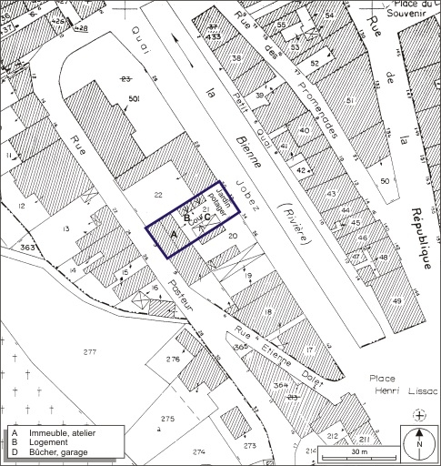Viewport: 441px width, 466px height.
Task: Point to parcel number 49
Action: coord(396,301)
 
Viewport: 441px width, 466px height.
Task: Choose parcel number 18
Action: coord(267,312)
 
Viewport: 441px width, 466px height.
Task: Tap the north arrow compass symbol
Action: coord(418,445)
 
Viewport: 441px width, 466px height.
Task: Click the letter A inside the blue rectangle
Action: coord(174,234)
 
